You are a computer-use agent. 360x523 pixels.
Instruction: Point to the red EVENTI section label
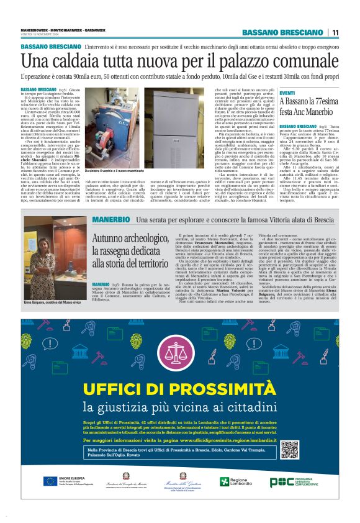click(287, 93)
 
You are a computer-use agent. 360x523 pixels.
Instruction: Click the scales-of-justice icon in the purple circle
click(179, 352)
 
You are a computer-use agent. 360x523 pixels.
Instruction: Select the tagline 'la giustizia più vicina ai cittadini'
click(179, 407)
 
